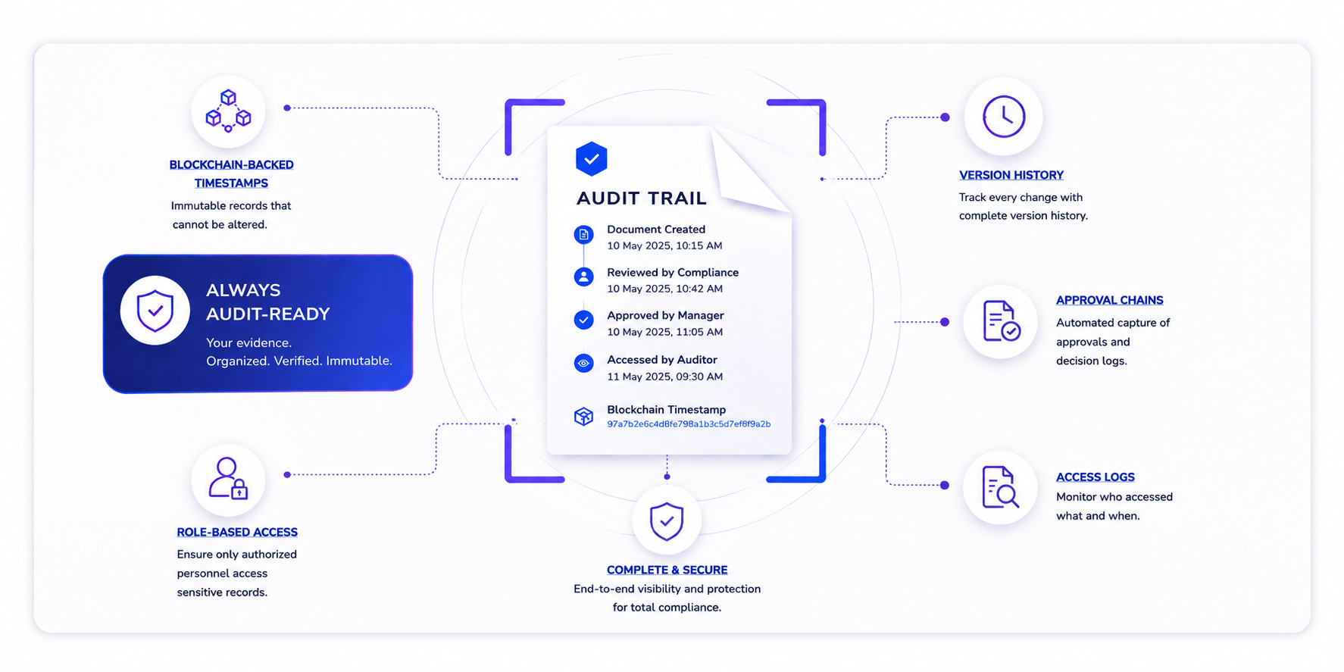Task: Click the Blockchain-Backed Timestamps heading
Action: tap(231, 174)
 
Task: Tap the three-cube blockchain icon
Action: tap(228, 111)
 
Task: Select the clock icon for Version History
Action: tap(1004, 117)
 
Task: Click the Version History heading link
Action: tap(1011, 175)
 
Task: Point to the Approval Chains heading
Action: tap(1110, 300)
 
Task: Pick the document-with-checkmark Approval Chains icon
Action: tap(1001, 321)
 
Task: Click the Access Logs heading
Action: tap(1096, 477)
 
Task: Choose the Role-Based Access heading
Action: tap(237, 533)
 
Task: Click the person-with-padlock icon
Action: tap(228, 478)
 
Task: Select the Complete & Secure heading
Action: tap(667, 570)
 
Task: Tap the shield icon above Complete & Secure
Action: tap(667, 521)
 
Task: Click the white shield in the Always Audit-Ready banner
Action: tap(155, 311)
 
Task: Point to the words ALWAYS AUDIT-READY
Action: tap(268, 302)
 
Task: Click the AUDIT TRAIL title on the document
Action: tap(642, 198)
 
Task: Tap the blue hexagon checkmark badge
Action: tap(592, 159)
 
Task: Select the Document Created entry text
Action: tap(656, 230)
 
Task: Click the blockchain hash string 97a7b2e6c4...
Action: tap(689, 424)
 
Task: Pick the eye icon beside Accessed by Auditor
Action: tap(583, 363)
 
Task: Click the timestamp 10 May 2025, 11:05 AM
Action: tap(665, 332)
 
